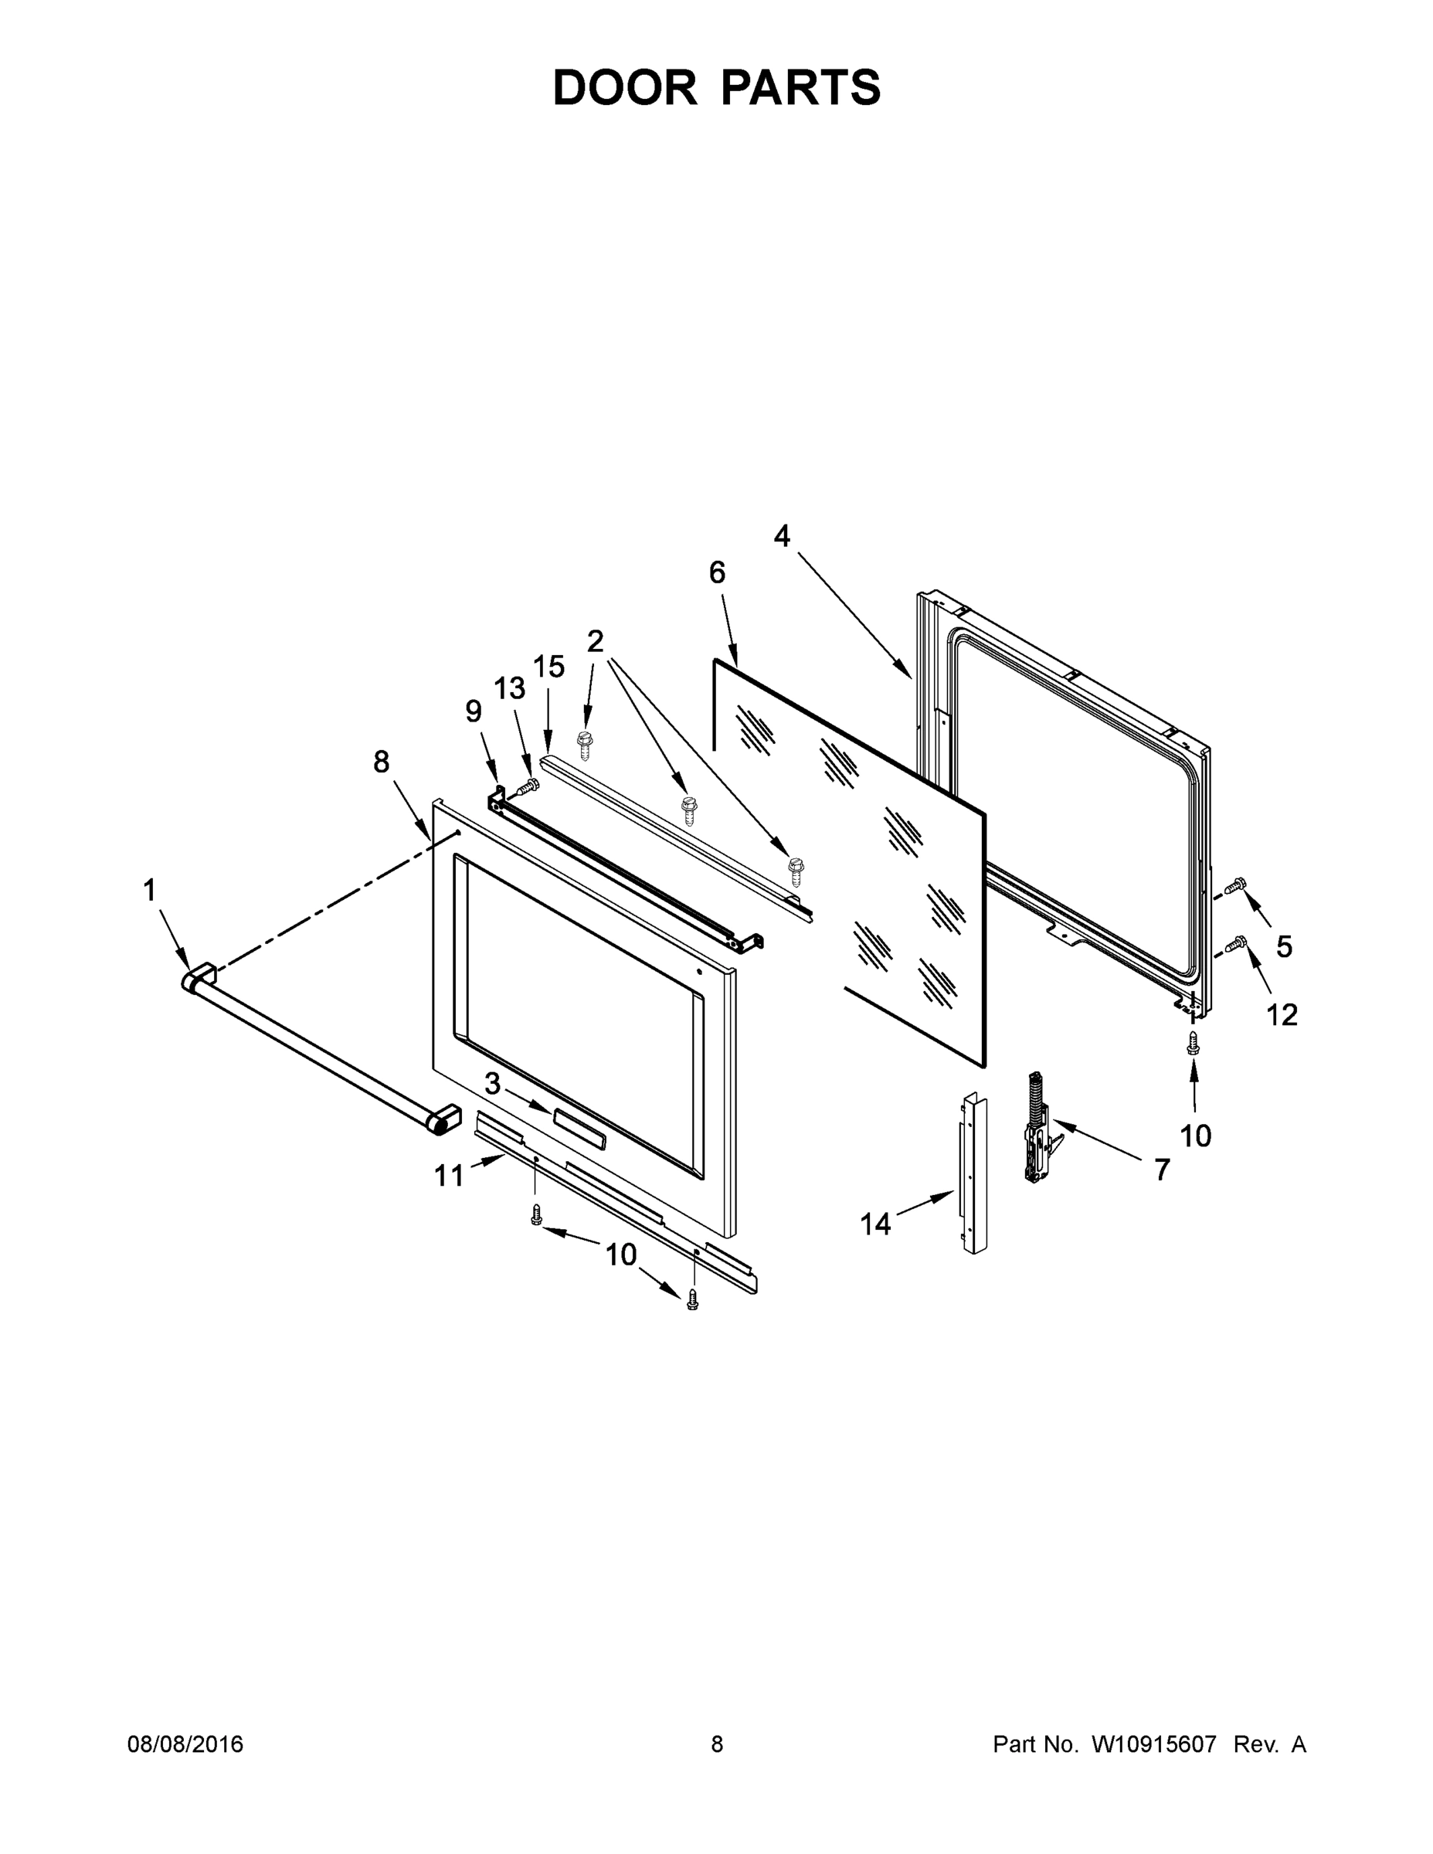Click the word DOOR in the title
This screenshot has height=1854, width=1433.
click(624, 87)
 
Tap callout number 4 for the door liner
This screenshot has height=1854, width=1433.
click(781, 535)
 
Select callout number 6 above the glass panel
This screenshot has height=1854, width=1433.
click(718, 573)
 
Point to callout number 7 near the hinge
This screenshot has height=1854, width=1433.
click(1162, 1169)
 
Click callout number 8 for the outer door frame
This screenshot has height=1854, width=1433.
click(381, 762)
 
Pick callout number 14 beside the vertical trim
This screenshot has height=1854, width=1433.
click(875, 1224)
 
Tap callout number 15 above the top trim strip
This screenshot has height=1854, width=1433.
click(548, 667)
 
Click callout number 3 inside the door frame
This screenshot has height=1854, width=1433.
click(492, 1084)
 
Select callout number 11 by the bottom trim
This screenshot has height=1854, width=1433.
click(449, 1176)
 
